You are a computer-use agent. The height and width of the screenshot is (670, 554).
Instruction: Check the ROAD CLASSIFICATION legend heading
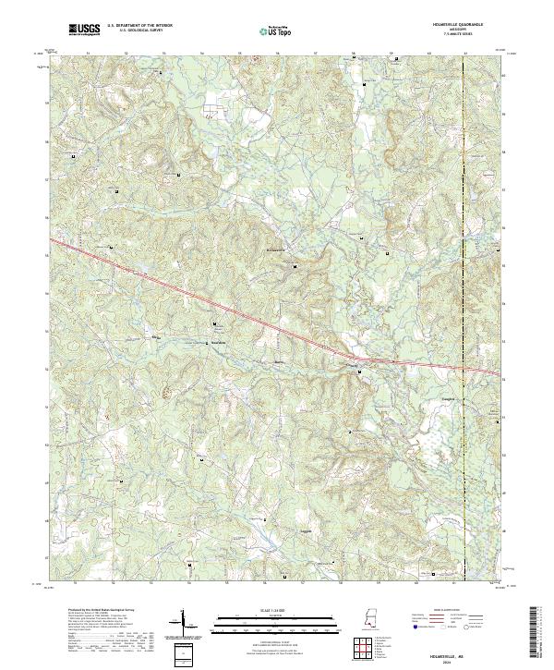pos(449,611)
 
